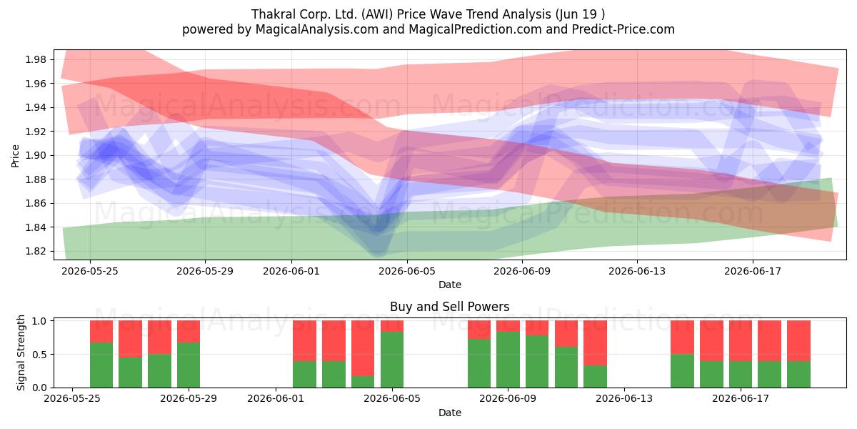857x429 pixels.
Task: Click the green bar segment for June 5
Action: tap(392, 360)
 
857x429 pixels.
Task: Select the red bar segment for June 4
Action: tap(363, 348)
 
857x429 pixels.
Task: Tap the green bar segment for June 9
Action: tap(508, 360)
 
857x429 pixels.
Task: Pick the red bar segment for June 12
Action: tap(596, 342)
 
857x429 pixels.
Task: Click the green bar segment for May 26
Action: tap(101, 365)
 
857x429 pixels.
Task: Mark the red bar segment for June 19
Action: tap(799, 341)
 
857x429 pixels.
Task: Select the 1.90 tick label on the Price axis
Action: tap(36, 156)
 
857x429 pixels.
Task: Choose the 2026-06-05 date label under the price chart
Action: tap(407, 271)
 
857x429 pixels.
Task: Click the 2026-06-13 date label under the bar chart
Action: tap(624, 399)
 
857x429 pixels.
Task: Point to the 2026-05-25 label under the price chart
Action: tap(90, 271)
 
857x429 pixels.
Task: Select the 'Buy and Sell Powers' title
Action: tap(449, 307)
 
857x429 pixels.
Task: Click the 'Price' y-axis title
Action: tap(15, 156)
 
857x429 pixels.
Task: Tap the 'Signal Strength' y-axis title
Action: tap(21, 352)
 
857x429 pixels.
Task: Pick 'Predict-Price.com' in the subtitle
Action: tap(623, 29)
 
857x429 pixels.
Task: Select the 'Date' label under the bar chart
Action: tap(449, 413)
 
